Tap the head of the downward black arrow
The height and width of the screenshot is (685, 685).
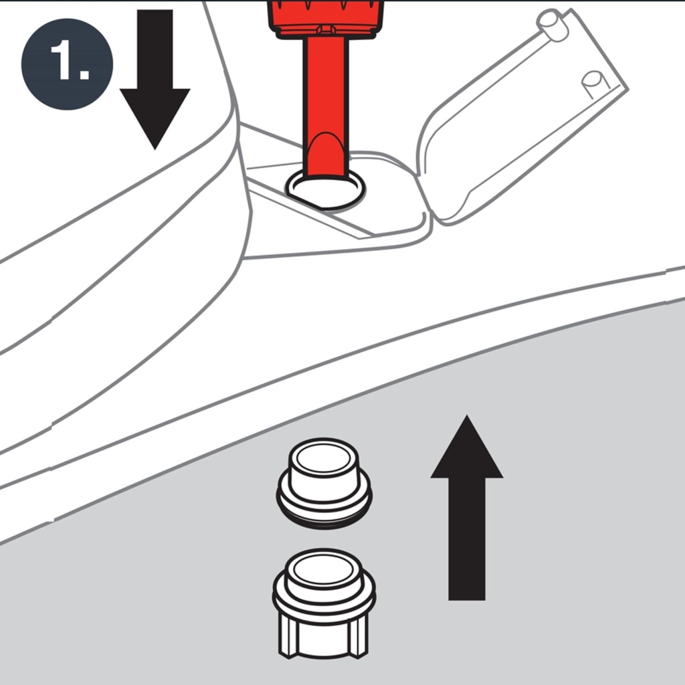pos(155,114)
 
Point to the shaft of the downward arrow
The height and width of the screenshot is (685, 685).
pos(155,47)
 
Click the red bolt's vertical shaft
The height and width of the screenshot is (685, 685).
pos(325,87)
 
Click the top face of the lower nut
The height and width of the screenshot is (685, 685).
pos(324,569)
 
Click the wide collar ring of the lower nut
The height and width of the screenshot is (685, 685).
pos(324,602)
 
